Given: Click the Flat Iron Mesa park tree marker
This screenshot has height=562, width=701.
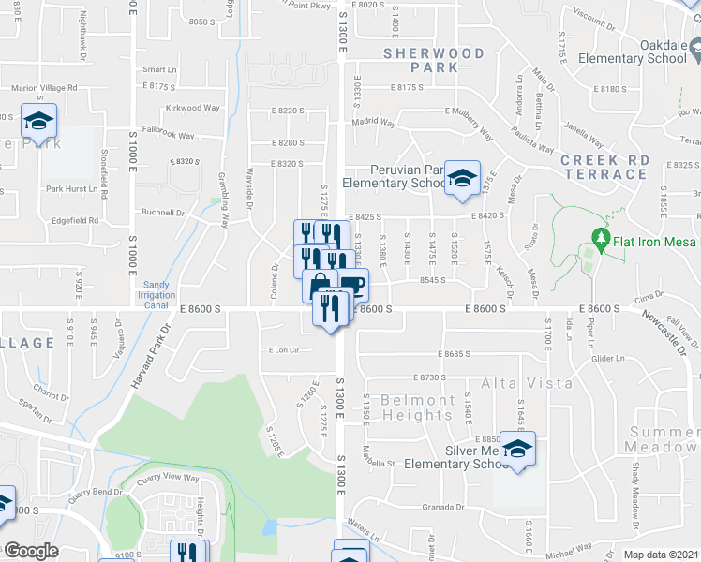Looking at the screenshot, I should click(x=601, y=242).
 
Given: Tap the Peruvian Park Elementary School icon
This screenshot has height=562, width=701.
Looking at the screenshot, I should click(x=462, y=179).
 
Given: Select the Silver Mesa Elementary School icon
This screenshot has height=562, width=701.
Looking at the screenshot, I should click(x=516, y=449).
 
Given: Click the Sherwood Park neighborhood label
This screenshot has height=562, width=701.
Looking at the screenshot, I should click(x=434, y=60).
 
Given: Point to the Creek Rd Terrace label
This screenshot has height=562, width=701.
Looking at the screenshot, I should click(x=604, y=167).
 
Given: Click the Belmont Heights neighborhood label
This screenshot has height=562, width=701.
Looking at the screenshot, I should click(x=418, y=407).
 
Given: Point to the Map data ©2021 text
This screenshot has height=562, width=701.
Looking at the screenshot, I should click(x=662, y=555).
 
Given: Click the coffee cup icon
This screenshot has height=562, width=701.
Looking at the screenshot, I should click(x=352, y=285).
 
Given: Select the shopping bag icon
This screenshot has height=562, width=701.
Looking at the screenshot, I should click(x=319, y=286).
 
